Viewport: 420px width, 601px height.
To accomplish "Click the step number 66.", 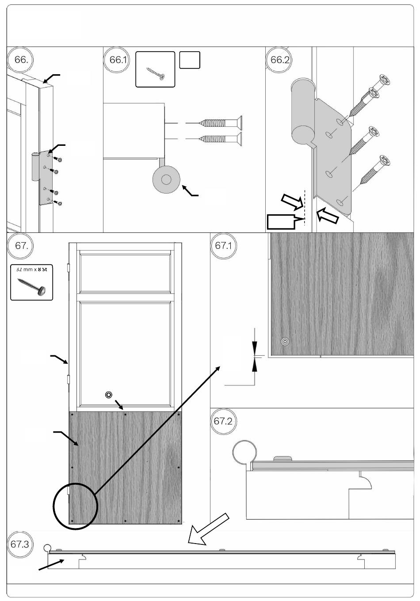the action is coord(21,60).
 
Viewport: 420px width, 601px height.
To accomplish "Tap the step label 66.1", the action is coord(117,60).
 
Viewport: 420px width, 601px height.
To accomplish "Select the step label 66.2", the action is coord(279,60).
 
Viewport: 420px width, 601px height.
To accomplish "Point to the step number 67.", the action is coord(21,246).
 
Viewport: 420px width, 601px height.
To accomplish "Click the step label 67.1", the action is coord(223,246).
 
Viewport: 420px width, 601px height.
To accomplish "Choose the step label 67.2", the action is coord(223,421).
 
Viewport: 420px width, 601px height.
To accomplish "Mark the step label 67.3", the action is coord(19,544).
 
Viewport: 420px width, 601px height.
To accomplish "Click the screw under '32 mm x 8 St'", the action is coord(31,286).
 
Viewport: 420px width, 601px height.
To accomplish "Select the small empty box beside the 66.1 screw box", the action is coord(190,60).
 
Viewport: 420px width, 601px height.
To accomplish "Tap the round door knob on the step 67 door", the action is coord(108,395).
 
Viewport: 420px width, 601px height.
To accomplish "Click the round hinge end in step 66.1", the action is coord(166,180).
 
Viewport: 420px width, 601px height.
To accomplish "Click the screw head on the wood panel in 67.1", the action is coord(285,341).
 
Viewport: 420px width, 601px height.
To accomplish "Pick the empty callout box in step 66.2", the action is coord(281,221).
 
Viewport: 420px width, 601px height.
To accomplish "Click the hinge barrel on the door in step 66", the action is coord(36,167).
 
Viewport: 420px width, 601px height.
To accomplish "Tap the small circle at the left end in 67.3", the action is coord(46,548).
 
